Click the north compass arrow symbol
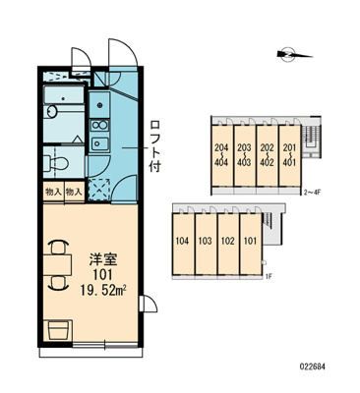tap(294, 54)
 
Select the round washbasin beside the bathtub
tap(52, 111)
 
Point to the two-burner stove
tap(99, 125)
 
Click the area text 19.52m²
tap(104, 291)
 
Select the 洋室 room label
tap(103, 260)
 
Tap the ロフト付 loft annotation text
tap(154, 146)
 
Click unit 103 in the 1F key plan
tap(206, 242)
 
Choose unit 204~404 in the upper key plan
tap(221, 155)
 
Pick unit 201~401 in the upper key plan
tap(289, 155)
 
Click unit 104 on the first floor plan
tap(182, 242)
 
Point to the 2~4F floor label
tap(312, 193)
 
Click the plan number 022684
tap(312, 366)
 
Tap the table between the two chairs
tap(57, 264)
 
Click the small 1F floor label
tap(269, 277)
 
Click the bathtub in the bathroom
tap(64, 94)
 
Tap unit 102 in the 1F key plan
tap(228, 242)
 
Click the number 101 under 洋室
tap(102, 275)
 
